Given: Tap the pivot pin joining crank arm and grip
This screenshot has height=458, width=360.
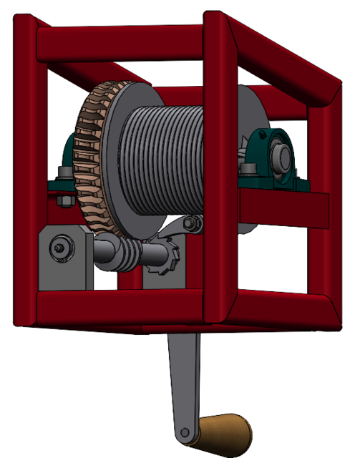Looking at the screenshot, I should [x=188, y=433].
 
